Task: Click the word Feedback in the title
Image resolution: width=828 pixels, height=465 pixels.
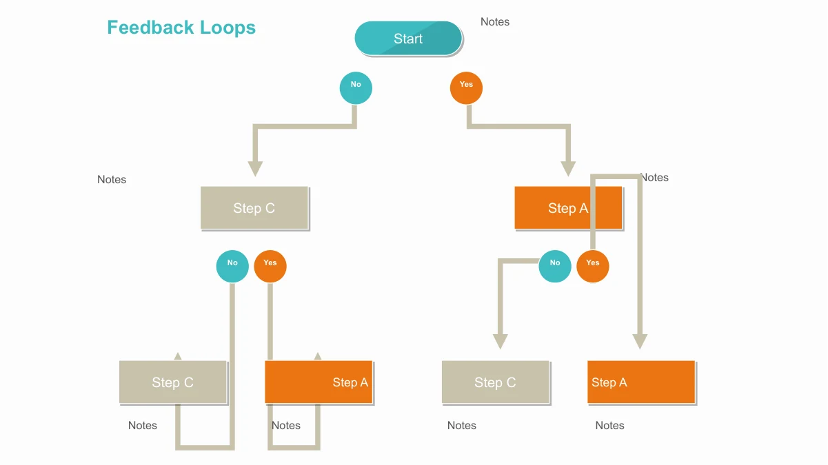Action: pyautogui.click(x=150, y=28)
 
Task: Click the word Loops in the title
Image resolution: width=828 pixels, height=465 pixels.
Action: pyautogui.click(x=228, y=28)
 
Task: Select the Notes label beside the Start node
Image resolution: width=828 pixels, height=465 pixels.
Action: pyautogui.click(x=495, y=22)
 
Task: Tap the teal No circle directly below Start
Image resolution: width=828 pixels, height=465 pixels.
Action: pyautogui.click(x=356, y=88)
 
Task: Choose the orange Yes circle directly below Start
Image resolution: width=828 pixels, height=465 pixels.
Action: pyautogui.click(x=466, y=88)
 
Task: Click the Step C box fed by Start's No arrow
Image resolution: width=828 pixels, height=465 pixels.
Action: pyautogui.click(x=254, y=208)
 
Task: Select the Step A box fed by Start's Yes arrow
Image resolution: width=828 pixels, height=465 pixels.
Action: pyautogui.click(x=569, y=208)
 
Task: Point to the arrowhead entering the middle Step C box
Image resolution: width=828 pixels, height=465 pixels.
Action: pyautogui.click(x=255, y=169)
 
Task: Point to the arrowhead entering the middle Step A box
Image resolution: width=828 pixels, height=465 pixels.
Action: pyautogui.click(x=568, y=169)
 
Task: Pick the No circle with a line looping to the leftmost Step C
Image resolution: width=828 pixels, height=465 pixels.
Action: pyautogui.click(x=232, y=267)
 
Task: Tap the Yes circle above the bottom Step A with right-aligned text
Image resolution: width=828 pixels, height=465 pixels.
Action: pyautogui.click(x=270, y=267)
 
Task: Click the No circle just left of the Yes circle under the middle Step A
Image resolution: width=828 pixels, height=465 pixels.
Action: pyautogui.click(x=555, y=267)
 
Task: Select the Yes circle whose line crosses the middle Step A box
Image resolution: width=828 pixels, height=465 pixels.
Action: pyautogui.click(x=593, y=267)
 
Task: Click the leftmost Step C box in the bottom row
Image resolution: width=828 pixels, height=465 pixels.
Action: pyautogui.click(x=173, y=382)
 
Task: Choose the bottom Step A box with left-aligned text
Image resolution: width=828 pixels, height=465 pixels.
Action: pyautogui.click(x=641, y=382)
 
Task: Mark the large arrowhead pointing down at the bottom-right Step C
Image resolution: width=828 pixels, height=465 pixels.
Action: pyautogui.click(x=500, y=342)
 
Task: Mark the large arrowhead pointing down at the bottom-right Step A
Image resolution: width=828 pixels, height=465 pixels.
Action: pyautogui.click(x=640, y=342)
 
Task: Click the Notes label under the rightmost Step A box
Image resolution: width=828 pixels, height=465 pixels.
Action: pyautogui.click(x=610, y=426)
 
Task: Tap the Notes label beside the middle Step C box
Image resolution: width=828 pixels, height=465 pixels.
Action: pyautogui.click(x=112, y=180)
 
